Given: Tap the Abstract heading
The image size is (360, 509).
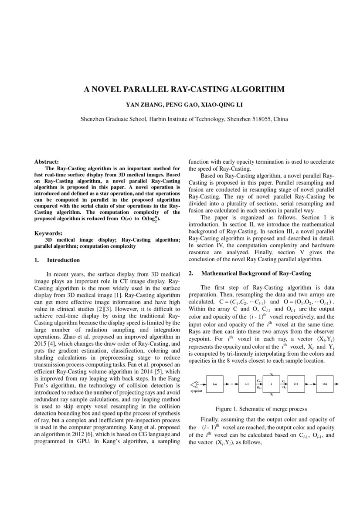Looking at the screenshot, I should point(47,162).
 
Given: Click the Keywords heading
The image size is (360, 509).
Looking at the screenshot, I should point(48,233).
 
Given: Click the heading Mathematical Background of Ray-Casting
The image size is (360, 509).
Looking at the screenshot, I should point(256,273).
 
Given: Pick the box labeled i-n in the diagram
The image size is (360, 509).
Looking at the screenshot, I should point(214,384).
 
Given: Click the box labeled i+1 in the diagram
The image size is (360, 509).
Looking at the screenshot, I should point(296,384).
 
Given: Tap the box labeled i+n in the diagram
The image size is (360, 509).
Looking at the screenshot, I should point(325,384).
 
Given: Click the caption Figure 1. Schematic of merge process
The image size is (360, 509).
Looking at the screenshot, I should point(261,409).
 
